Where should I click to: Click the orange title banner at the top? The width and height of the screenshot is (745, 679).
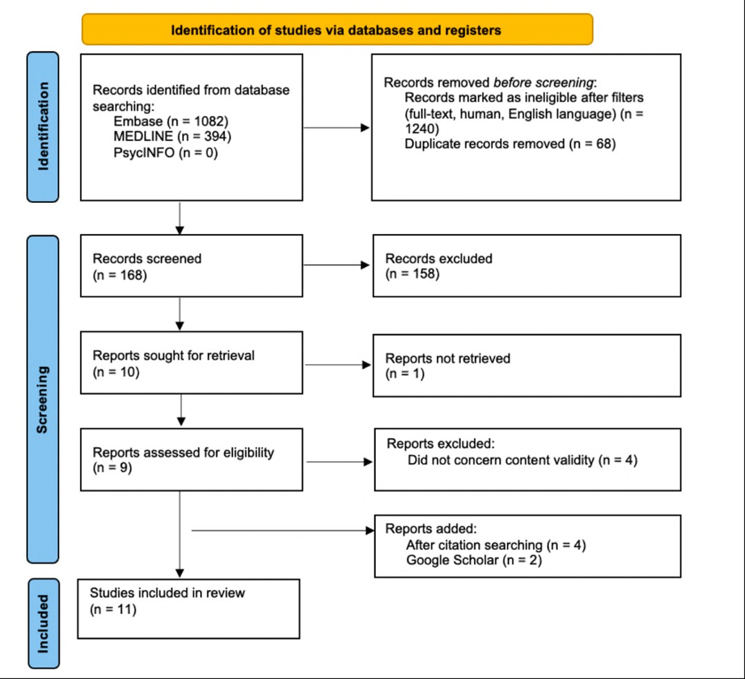click(337, 30)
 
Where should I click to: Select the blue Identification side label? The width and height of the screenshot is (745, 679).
click(43, 127)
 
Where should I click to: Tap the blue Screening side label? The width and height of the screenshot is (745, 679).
click(43, 400)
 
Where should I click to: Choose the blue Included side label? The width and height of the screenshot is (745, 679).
click(43, 623)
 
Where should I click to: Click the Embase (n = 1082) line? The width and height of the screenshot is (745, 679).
click(171, 121)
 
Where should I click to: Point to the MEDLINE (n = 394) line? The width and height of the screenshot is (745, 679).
click(172, 137)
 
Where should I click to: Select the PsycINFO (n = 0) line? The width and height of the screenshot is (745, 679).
click(166, 152)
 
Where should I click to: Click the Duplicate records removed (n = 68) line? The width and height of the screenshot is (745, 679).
click(510, 144)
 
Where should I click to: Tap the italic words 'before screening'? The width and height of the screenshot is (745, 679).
click(544, 83)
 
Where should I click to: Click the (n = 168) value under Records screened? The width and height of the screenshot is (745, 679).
click(120, 275)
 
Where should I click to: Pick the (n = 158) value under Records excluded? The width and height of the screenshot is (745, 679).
click(413, 274)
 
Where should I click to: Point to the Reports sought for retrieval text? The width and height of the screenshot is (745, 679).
click(173, 355)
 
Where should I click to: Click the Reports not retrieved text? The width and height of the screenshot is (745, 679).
click(448, 358)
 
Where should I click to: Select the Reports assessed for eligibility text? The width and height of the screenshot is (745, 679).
click(183, 453)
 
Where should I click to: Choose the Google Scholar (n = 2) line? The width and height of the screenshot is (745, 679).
click(474, 560)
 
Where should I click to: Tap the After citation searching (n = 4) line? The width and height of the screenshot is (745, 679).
click(496, 545)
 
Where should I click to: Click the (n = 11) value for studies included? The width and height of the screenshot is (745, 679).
click(113, 609)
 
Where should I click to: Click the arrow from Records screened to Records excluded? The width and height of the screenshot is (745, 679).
click(337, 265)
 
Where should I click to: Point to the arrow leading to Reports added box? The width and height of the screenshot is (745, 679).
click(283, 530)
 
